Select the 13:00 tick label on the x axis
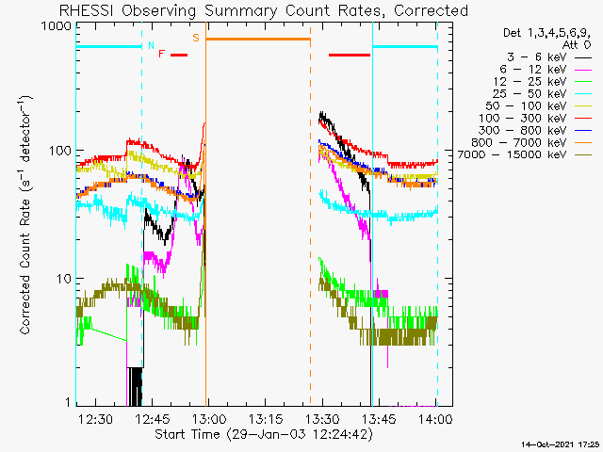(x=207, y=419)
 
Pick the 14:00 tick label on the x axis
(x=434, y=419)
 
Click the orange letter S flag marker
(x=196, y=38)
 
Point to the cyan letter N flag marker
(x=151, y=44)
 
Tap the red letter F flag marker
(x=162, y=55)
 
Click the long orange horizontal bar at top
(x=258, y=39)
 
